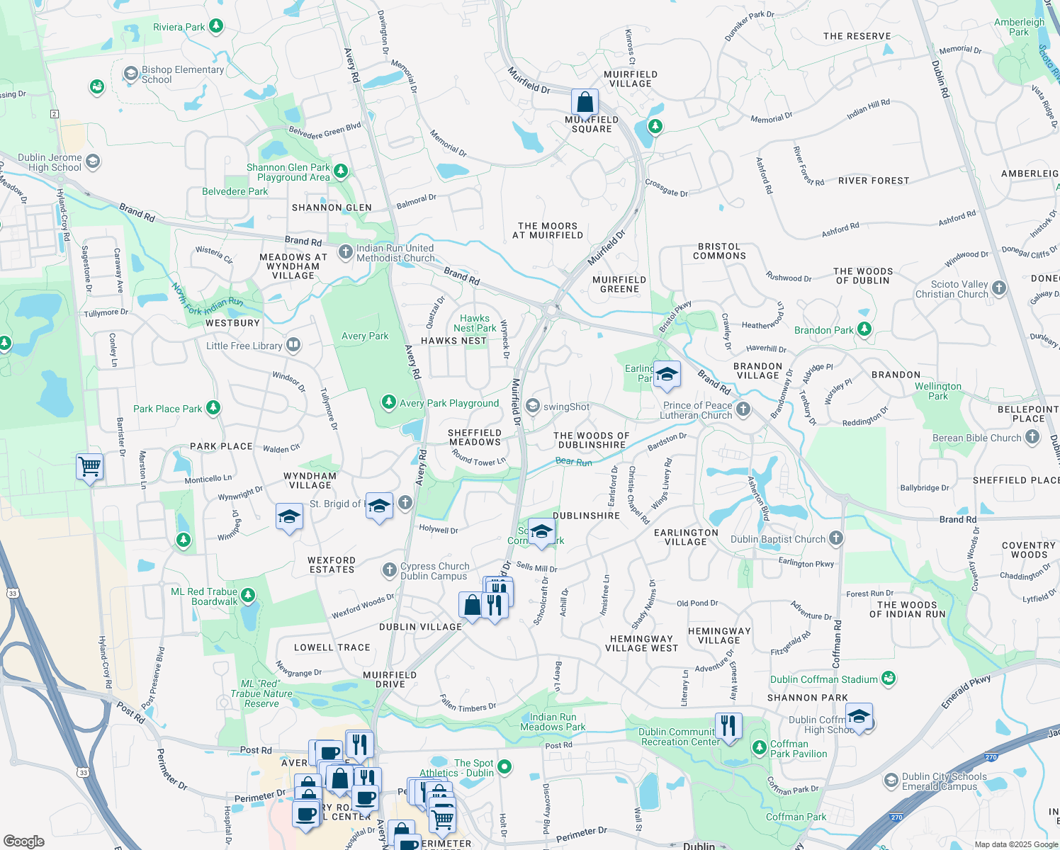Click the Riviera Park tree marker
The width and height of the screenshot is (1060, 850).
pos(216,27)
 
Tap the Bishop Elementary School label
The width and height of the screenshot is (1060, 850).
pos(182,74)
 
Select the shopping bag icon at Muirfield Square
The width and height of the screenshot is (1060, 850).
pos(585,103)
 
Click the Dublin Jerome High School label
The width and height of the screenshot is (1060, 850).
pos(50,162)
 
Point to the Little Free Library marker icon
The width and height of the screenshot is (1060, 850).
pos(293,346)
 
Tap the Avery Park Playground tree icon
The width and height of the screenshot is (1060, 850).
pos(388,403)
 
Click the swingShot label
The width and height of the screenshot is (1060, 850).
pos(566,407)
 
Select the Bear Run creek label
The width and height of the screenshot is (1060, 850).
pos(573,462)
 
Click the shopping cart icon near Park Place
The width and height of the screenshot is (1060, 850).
pos(90,467)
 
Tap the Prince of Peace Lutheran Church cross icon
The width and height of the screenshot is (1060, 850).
pos(743,409)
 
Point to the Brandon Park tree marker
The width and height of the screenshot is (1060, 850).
pos(864,329)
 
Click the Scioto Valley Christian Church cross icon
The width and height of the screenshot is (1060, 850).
pos(999,288)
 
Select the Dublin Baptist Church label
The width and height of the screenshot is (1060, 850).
pos(778,539)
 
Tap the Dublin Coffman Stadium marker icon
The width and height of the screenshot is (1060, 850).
pos(889,679)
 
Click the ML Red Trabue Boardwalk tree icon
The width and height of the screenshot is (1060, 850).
pos(248,596)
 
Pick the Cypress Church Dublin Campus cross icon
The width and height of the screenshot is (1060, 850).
pos(389,570)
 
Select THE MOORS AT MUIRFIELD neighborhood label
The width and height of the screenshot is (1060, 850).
pos(548,230)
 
